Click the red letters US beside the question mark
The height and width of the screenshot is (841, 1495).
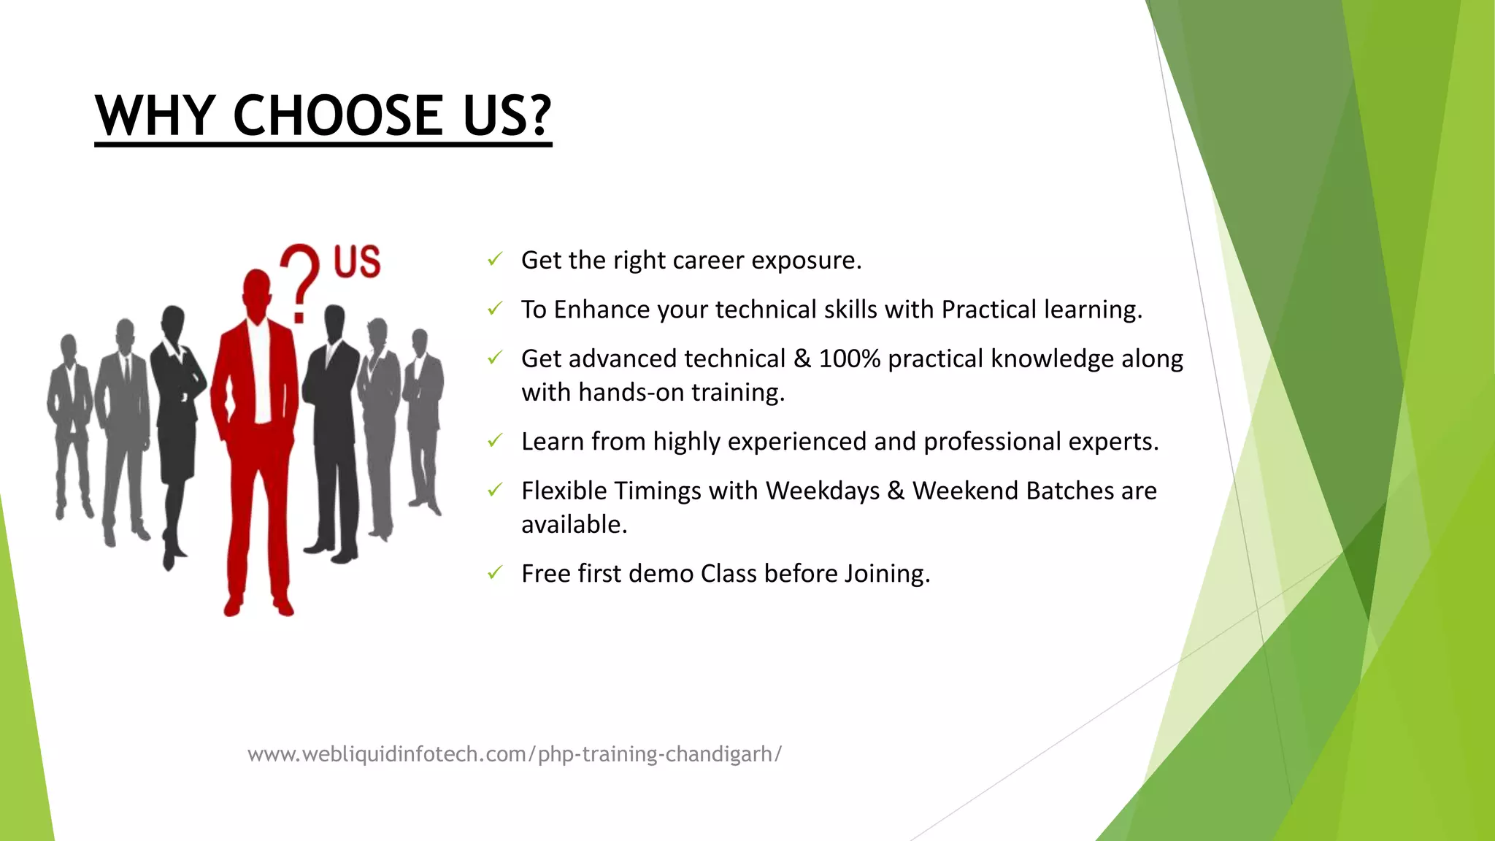[357, 261]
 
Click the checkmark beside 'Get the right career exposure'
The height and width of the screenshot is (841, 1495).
[495, 259]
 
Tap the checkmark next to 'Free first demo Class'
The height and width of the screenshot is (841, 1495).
[495, 573]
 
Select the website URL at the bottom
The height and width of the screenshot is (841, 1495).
[515, 754]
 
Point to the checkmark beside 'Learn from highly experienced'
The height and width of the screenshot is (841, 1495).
[495, 441]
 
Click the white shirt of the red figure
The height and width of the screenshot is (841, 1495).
[261, 380]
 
